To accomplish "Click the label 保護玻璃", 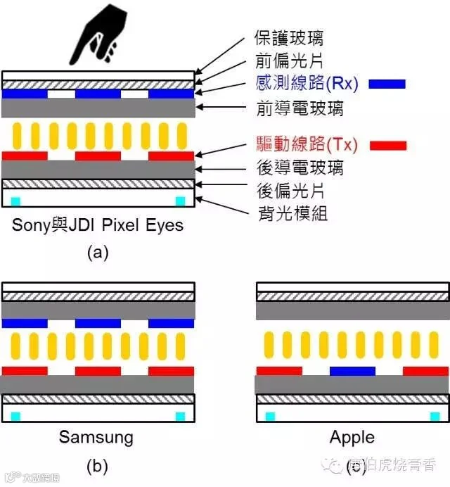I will pos(288,39).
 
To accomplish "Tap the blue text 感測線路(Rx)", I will pos(307,84).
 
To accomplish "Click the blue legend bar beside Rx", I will pos(387,84).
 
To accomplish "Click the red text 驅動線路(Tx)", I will pos(306,145).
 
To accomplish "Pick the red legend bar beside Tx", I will pos(387,145).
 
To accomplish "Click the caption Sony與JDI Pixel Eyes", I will pos(98,225).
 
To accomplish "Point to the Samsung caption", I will pos(96,437).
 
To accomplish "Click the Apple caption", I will pos(352,437).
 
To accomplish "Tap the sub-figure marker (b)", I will pos(97,466).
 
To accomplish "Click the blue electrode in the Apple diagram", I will pos(352,370).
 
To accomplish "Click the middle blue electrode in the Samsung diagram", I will pos(98,323).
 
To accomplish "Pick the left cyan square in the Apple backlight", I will pos(269,417).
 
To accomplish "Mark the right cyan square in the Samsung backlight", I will pos(180,417).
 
